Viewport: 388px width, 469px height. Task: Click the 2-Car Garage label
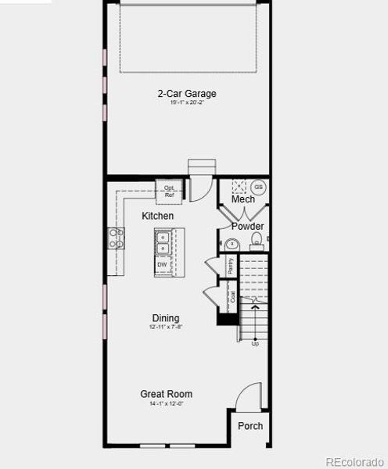tap(185, 94)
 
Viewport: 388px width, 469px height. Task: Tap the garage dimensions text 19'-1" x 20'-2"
tap(185, 103)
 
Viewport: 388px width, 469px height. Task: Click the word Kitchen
tap(157, 216)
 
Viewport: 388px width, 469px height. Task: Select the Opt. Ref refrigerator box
tap(170, 190)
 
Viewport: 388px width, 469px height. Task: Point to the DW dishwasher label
tap(162, 265)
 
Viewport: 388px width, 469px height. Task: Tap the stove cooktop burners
tap(116, 238)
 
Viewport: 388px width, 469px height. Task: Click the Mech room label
tap(243, 199)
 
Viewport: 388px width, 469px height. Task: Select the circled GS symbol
tap(258, 188)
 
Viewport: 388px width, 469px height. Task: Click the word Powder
tap(247, 227)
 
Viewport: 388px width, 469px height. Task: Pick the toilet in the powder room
tap(231, 245)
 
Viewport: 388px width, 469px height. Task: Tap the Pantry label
tap(231, 265)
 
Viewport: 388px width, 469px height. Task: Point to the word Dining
tap(166, 318)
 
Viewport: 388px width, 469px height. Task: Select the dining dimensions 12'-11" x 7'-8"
tap(166, 328)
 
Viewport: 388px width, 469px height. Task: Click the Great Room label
tap(166, 394)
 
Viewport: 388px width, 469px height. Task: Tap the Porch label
tap(250, 426)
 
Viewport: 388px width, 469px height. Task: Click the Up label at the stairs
tap(255, 343)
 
